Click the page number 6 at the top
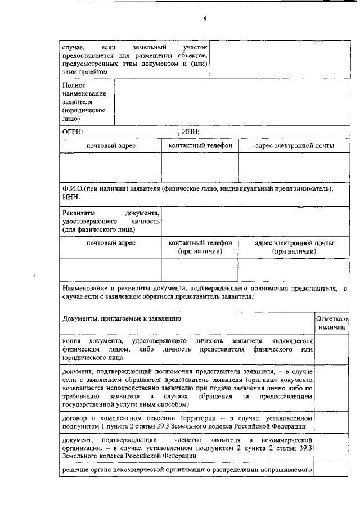pos(205,19)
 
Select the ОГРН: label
pos(73,132)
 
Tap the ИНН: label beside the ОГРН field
pos(191,132)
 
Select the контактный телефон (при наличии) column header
pos(200,247)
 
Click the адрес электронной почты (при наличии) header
pos(294,247)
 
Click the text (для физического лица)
pos(98,229)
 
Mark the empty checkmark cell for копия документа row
pos(332,350)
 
